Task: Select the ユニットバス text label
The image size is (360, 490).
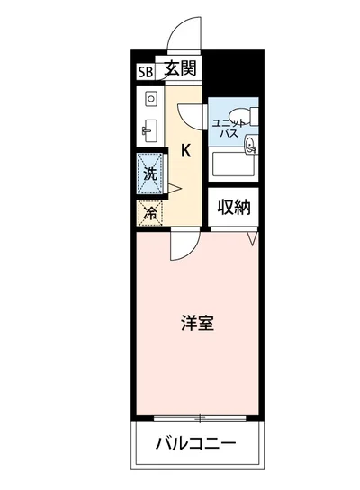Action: [x=225, y=127]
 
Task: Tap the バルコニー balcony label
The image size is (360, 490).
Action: [x=195, y=443]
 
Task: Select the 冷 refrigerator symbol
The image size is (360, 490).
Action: [x=151, y=213]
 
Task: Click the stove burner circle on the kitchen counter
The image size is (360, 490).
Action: [x=151, y=97]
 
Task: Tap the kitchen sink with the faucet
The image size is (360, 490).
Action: [x=149, y=129]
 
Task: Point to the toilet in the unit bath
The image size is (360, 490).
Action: [x=249, y=115]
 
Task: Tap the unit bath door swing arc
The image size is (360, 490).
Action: [x=192, y=115]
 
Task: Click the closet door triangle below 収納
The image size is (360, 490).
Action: [x=255, y=237]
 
